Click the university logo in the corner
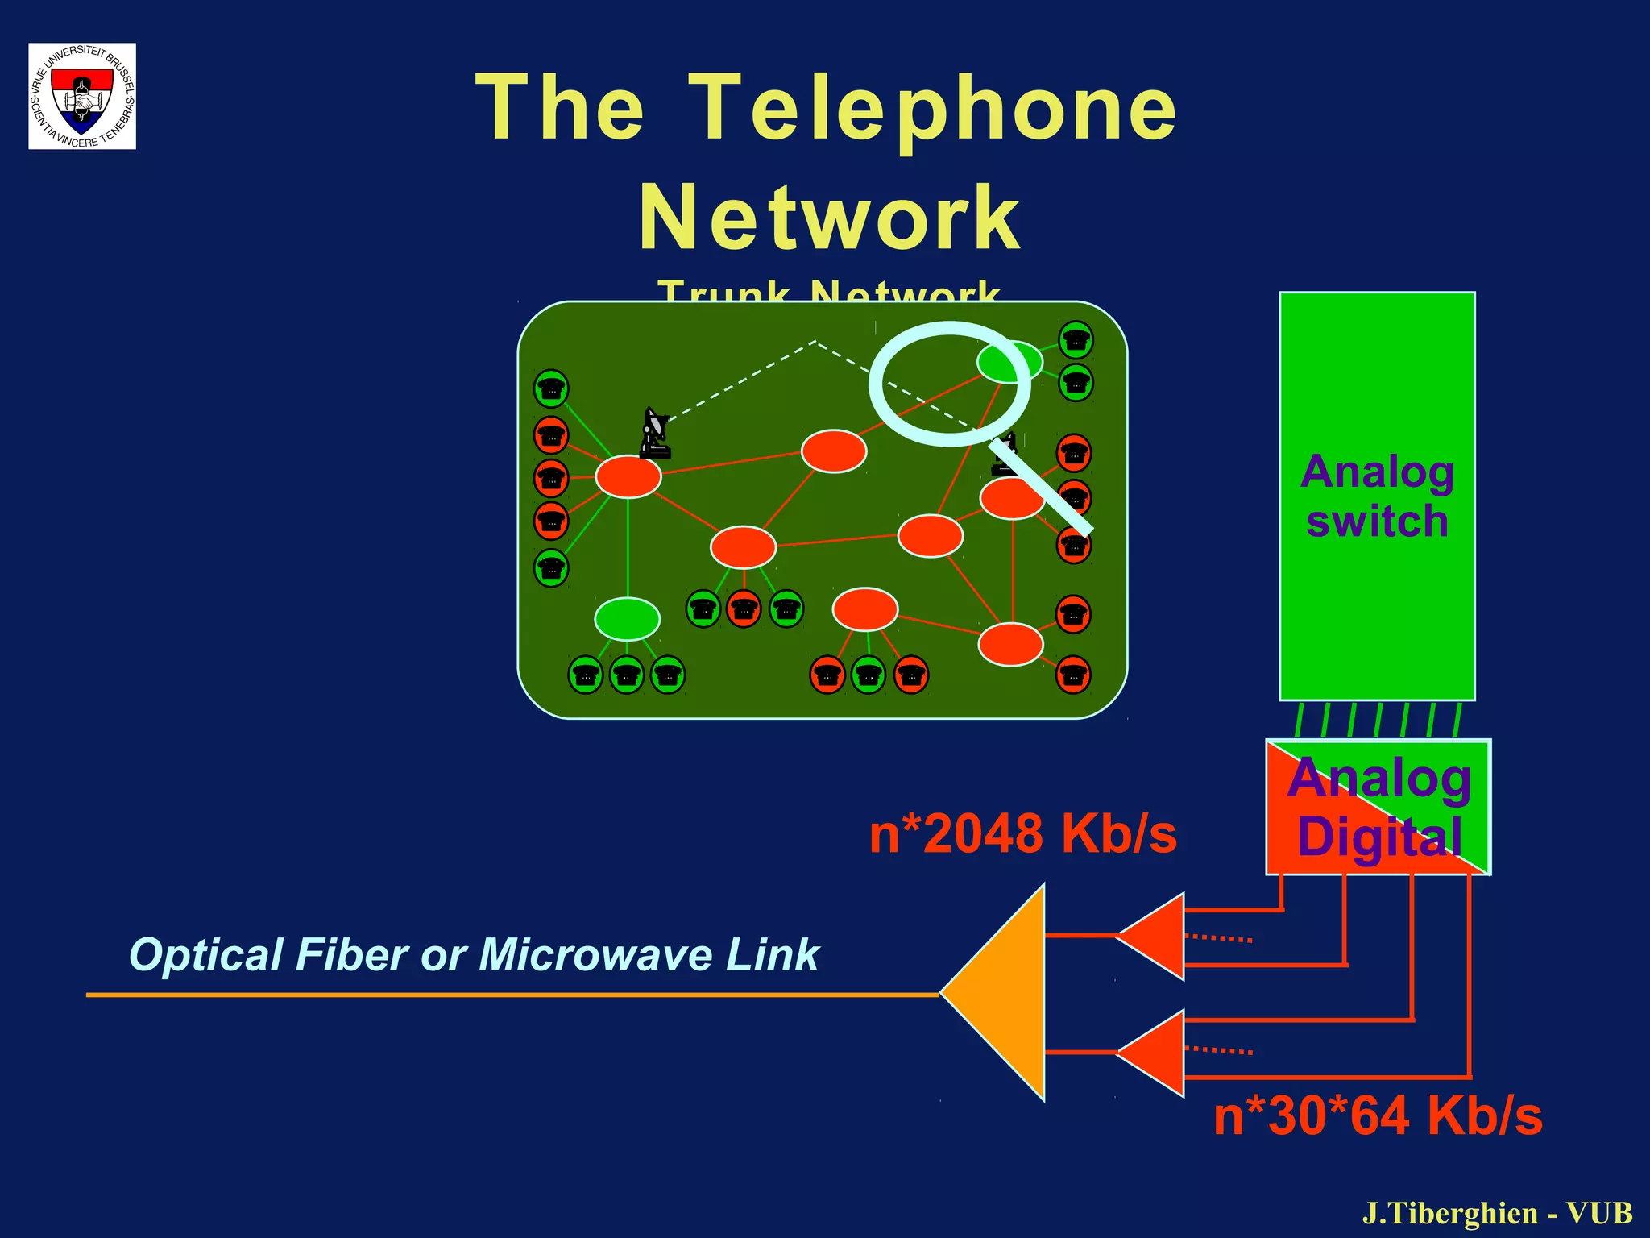[x=81, y=96]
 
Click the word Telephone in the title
[x=935, y=108]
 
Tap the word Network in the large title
[x=829, y=218]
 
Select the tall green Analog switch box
[x=1376, y=495]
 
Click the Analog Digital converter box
[x=1378, y=807]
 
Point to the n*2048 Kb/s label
[x=1022, y=833]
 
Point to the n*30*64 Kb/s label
[x=1378, y=1116]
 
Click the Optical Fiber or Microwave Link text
[x=474, y=955]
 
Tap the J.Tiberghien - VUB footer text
[x=1497, y=1213]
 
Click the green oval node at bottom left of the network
[x=627, y=619]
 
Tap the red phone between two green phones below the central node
[x=744, y=609]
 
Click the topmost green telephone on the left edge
[x=551, y=388]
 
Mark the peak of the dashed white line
[x=815, y=342]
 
